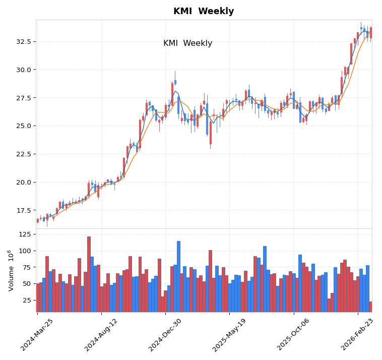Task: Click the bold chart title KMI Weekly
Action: [204, 11]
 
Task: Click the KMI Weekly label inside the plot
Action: [187, 43]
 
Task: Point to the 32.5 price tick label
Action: [24, 41]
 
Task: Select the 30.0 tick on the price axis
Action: [24, 70]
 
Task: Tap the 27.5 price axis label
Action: [24, 98]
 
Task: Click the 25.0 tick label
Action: [24, 126]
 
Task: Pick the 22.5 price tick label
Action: [24, 154]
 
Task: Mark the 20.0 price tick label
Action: [24, 183]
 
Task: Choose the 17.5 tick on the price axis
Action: [24, 211]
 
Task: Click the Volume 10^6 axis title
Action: [11, 270]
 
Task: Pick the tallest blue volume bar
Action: [178, 276]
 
